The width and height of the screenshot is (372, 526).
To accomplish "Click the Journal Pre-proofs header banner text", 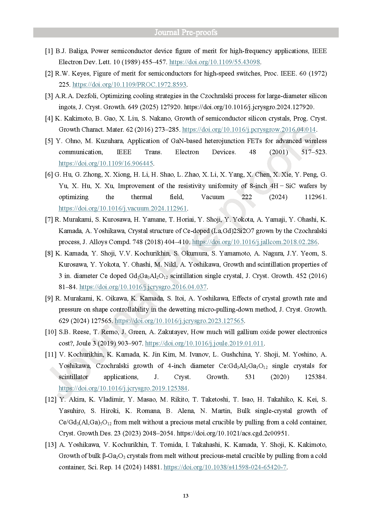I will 186,32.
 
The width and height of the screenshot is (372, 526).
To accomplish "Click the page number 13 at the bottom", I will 186,496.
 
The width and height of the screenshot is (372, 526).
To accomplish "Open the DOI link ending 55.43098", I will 214,62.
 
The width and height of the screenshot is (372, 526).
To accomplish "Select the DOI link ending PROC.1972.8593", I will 129,85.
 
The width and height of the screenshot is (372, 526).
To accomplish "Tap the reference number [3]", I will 49,96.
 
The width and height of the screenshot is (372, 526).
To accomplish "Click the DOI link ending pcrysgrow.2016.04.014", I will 249,130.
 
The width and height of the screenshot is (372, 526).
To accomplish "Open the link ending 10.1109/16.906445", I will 106,163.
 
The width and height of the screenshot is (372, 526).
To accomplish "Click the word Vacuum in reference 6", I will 213,197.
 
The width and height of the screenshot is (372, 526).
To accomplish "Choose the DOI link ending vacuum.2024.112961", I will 123,208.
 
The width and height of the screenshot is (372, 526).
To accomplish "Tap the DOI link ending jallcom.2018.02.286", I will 254,242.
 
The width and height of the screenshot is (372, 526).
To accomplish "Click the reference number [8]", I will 49,253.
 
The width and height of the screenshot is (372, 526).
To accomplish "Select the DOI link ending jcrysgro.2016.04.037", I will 143,287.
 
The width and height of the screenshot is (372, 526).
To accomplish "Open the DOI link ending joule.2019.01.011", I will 204,343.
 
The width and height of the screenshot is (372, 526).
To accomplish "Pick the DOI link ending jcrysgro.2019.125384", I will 123,388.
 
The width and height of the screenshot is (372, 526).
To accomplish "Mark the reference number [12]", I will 51,399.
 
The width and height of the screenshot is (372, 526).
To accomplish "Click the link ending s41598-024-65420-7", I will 225,467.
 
